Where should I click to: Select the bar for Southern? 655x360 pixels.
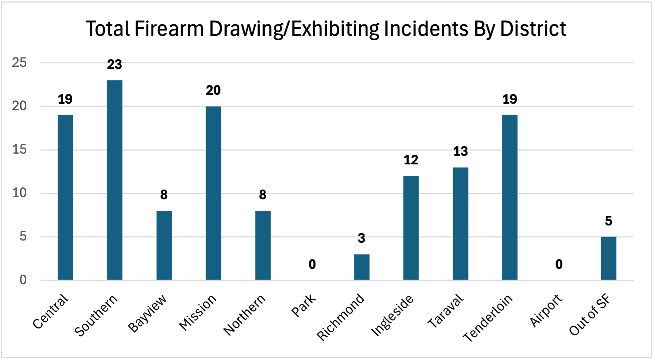(x=115, y=180)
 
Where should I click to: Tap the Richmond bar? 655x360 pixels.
(x=362, y=267)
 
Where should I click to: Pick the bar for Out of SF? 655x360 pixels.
(x=608, y=258)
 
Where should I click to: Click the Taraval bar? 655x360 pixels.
(x=460, y=224)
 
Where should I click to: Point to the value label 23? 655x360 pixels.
(x=115, y=65)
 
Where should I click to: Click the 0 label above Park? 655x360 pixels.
(x=312, y=265)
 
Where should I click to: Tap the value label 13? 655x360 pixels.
(x=460, y=151)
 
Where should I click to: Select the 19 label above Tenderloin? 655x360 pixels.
(x=510, y=99)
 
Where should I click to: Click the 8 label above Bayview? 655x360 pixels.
(x=164, y=195)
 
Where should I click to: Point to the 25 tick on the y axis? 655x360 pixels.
(x=19, y=63)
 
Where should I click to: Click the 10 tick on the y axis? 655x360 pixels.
(x=19, y=193)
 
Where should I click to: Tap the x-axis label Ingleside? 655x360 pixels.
(x=392, y=316)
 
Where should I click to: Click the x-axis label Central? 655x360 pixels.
(x=51, y=311)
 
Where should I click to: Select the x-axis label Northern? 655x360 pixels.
(x=245, y=315)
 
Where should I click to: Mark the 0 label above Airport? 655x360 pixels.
(x=559, y=265)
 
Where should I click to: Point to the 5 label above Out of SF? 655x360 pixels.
(x=608, y=221)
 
